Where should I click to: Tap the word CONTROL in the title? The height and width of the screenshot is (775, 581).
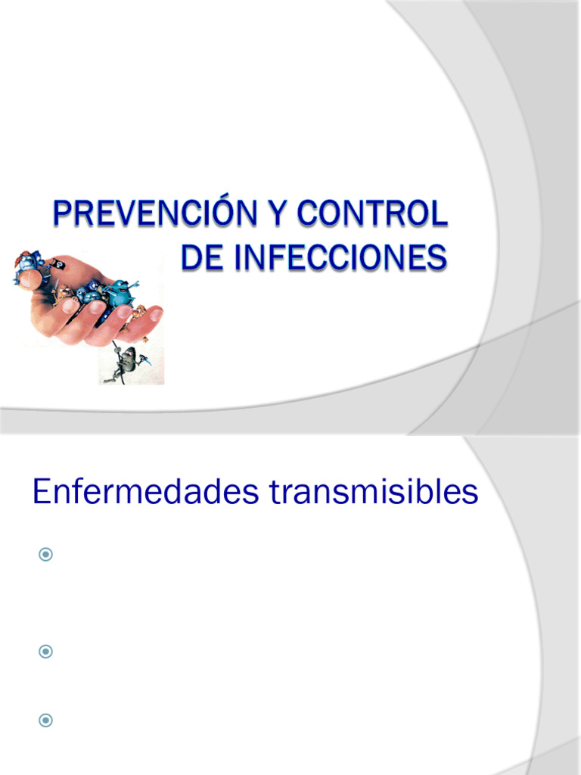click(x=372, y=214)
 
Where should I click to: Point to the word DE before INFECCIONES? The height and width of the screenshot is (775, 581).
click(x=201, y=257)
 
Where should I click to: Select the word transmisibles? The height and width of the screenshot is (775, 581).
click(x=374, y=493)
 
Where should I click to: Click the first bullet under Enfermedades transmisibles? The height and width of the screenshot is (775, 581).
click(x=46, y=556)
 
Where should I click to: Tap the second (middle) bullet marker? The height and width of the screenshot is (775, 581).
click(x=46, y=651)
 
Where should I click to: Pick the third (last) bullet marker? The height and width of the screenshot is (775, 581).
click(x=46, y=721)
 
